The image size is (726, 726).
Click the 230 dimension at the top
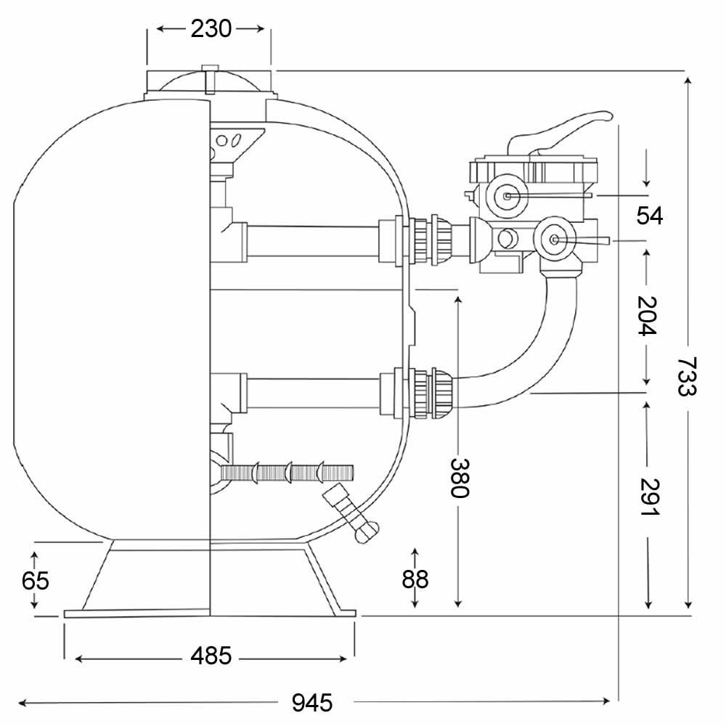click(211, 29)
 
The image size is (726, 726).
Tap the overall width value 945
click(312, 702)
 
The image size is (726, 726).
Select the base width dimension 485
click(211, 656)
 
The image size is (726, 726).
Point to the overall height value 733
click(687, 376)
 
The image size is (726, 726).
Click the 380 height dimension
click(460, 478)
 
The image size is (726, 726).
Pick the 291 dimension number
click(648, 497)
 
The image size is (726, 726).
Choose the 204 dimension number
click(648, 316)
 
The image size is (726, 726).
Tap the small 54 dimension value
click(650, 216)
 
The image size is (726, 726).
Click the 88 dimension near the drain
click(415, 579)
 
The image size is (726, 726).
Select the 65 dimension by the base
click(35, 581)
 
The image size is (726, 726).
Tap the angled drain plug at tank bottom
click(351, 513)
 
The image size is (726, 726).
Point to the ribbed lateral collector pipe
click(287, 473)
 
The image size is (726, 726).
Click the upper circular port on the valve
click(507, 196)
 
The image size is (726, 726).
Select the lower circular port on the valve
click(554, 240)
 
